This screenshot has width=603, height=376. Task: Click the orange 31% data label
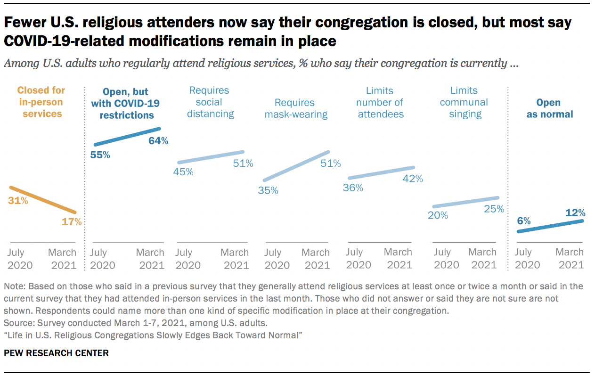click(x=18, y=201)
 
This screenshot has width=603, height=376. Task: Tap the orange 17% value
click(x=72, y=221)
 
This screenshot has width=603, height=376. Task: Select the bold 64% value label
click(x=158, y=140)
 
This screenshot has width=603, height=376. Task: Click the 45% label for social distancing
click(x=183, y=172)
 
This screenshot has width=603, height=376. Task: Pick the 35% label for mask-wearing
click(x=268, y=190)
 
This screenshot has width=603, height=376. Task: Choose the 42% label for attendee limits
click(x=413, y=179)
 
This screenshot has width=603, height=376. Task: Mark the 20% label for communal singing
click(x=438, y=215)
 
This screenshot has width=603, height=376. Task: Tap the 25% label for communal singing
click(x=494, y=208)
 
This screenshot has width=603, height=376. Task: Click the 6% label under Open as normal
click(x=523, y=221)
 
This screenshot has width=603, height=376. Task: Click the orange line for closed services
click(x=42, y=200)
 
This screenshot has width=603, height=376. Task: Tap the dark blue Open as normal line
click(x=550, y=226)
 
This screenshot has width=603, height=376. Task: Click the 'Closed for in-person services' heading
click(x=41, y=102)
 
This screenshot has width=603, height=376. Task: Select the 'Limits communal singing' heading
click(x=465, y=102)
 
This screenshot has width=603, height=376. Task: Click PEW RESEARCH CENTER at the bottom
click(x=56, y=353)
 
